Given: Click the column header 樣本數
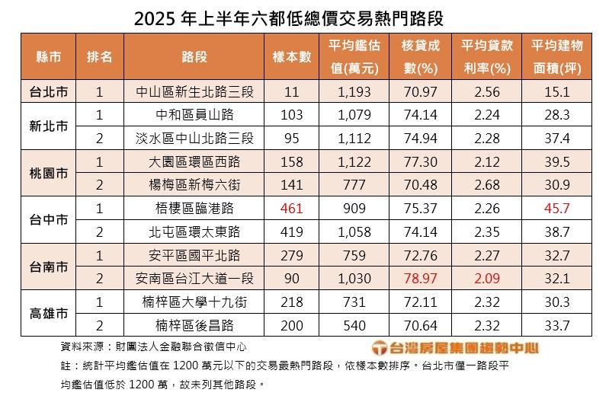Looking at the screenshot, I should point(292,57).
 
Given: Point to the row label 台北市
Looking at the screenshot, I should point(47,92).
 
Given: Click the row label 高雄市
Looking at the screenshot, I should point(47,313).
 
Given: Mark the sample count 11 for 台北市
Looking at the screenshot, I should point(292,92).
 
